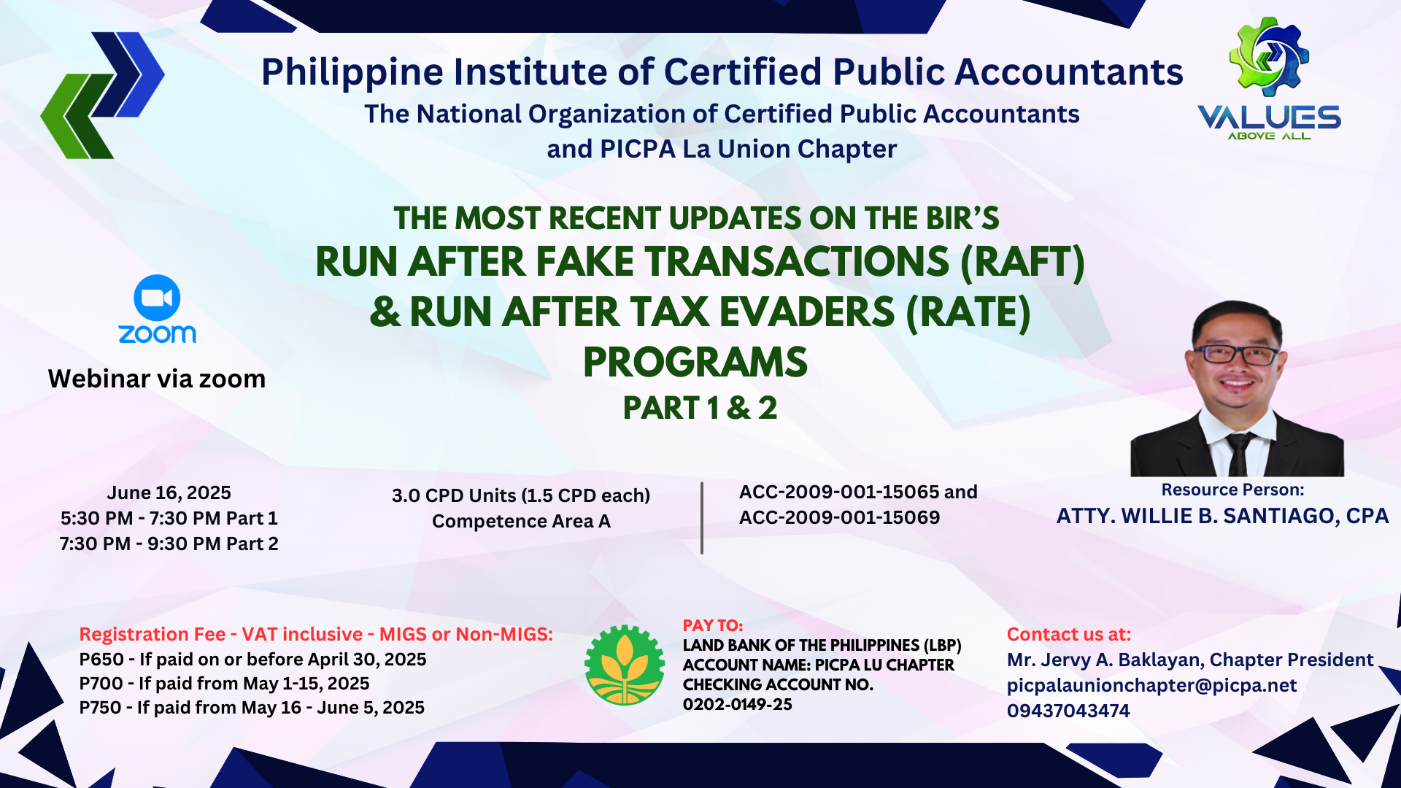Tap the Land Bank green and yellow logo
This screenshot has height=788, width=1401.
pos(625,665)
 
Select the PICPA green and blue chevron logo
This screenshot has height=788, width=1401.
pos(102,95)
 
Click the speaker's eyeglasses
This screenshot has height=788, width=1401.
pos(1238,355)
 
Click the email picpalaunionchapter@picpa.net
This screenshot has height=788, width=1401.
pos(1151,685)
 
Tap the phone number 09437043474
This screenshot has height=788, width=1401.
pos(1068,711)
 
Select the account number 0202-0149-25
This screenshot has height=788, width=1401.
pos(737,705)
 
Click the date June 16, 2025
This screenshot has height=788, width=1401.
pos(169,493)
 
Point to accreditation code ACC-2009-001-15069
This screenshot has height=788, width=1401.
pos(839,517)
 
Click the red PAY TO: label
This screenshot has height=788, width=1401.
pos(713,626)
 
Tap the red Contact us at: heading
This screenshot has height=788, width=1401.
pos(1069,634)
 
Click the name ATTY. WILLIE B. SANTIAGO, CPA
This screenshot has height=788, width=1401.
pos(1222,517)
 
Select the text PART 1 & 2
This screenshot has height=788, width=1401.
pos(700,408)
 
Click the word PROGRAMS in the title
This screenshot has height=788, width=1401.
pos(695,363)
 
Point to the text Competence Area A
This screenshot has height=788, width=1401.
pos(521,521)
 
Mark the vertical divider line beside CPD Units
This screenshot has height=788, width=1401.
pos(702,518)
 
